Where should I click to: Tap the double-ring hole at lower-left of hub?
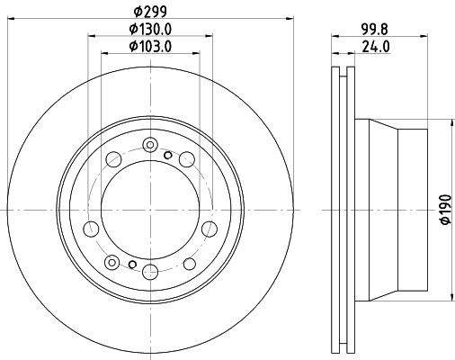point(111,262)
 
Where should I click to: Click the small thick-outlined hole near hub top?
point(168,155)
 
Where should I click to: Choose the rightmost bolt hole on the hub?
point(208,227)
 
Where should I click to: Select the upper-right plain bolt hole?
point(185,159)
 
